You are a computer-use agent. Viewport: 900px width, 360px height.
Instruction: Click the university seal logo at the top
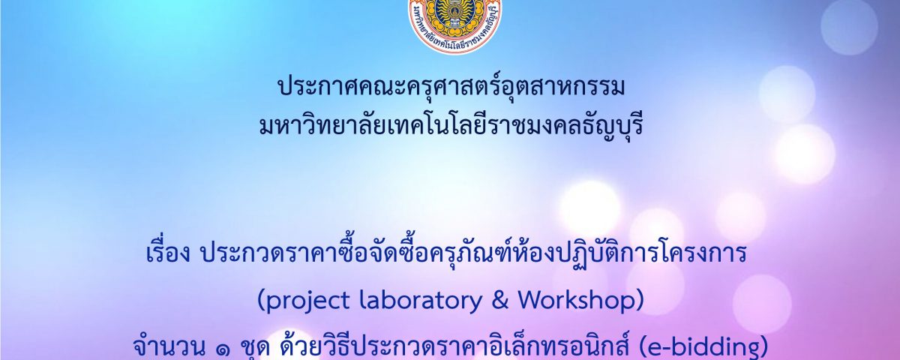click(454, 24)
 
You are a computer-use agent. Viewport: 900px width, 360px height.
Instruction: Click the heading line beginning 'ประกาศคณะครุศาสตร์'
click(451, 87)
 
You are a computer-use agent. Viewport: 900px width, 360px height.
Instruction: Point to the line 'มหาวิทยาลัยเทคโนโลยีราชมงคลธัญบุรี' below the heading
click(451, 125)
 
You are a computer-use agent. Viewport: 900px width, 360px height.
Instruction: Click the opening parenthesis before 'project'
click(260, 301)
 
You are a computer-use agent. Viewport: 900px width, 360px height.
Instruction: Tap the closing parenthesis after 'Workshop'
click(640, 301)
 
